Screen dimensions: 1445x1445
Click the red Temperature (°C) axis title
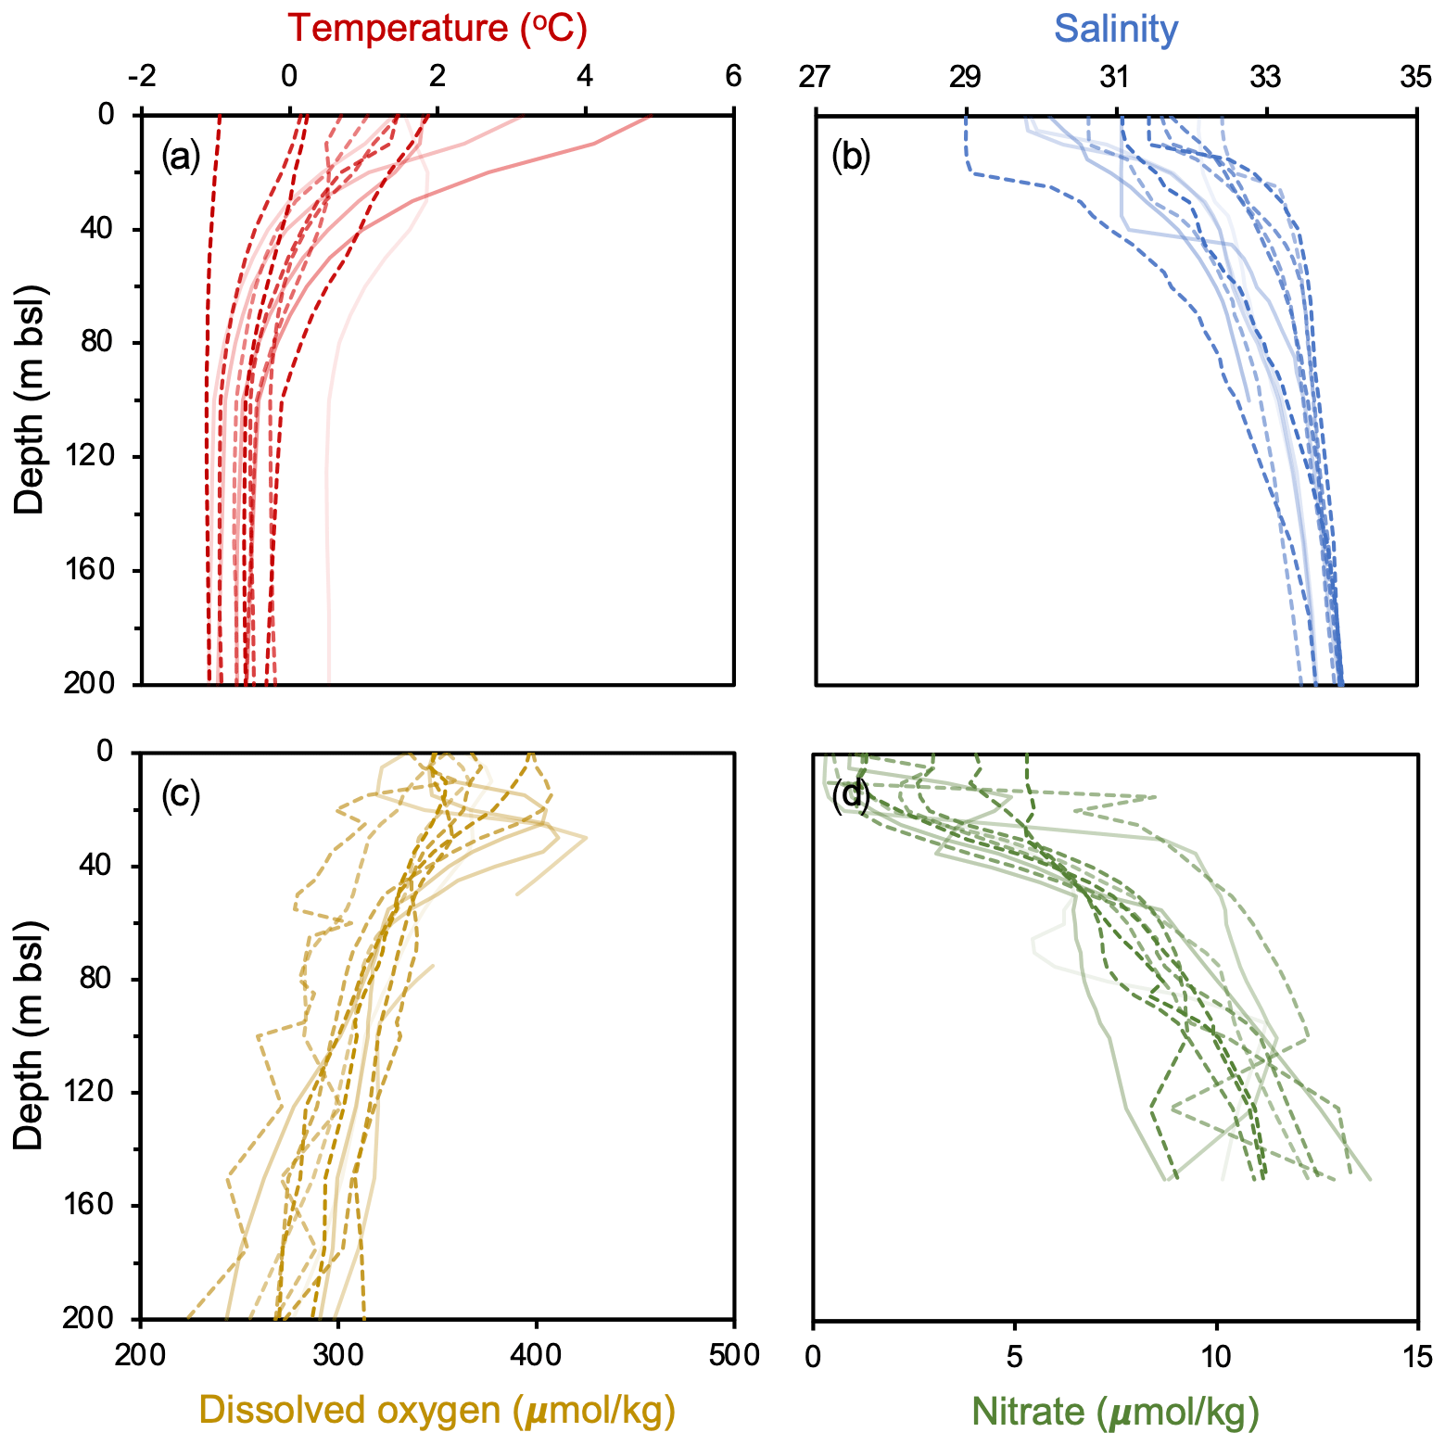pos(437,29)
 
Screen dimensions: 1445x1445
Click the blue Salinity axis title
pos(1116,29)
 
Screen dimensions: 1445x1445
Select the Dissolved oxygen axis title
pos(437,1411)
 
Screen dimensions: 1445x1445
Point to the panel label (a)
pos(181,158)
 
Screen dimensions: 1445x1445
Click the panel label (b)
pos(852,158)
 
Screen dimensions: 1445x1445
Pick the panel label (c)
pos(181,794)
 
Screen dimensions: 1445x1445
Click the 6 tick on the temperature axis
pos(733,76)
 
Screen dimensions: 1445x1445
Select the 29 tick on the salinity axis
pos(966,76)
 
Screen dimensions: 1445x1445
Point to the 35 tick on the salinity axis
pos(1415,76)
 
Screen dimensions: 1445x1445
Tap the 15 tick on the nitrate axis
pos(1415,1356)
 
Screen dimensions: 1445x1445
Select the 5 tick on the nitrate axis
pos(1015,1356)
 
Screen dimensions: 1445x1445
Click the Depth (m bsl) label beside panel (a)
pos(31,399)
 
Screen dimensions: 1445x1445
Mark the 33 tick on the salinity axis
pos(1266,76)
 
